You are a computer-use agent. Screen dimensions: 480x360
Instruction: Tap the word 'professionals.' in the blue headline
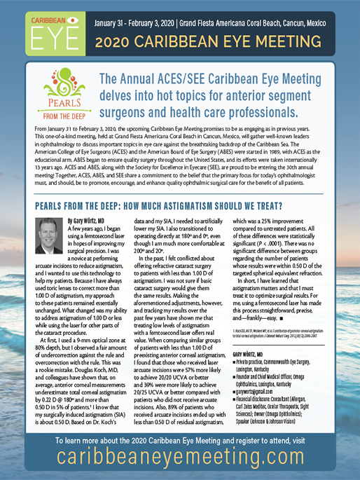tap(289, 108)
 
